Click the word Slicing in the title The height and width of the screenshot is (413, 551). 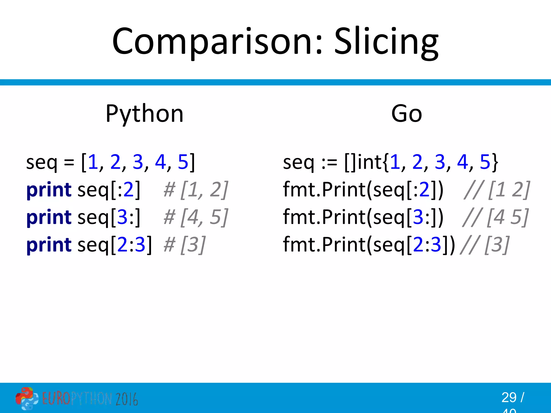tap(386, 42)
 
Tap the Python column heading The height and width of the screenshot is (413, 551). tap(144, 114)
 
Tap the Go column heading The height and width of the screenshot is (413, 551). tap(407, 114)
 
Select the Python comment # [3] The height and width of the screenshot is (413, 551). tap(185, 245)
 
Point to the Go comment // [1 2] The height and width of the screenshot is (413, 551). tap(497, 190)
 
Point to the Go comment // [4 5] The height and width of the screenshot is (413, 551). tap(496, 217)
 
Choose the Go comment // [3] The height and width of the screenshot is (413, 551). tap(485, 245)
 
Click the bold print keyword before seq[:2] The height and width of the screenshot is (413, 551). tap(49, 190)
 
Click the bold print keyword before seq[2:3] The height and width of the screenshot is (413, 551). tap(49, 245)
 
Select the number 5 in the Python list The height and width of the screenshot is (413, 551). tap(183, 162)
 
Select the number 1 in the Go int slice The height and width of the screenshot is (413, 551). tap(395, 162)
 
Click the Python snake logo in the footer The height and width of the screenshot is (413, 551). tap(27, 398)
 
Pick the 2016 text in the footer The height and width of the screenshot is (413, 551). tap(127, 399)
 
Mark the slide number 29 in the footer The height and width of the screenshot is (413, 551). tap(509, 397)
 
